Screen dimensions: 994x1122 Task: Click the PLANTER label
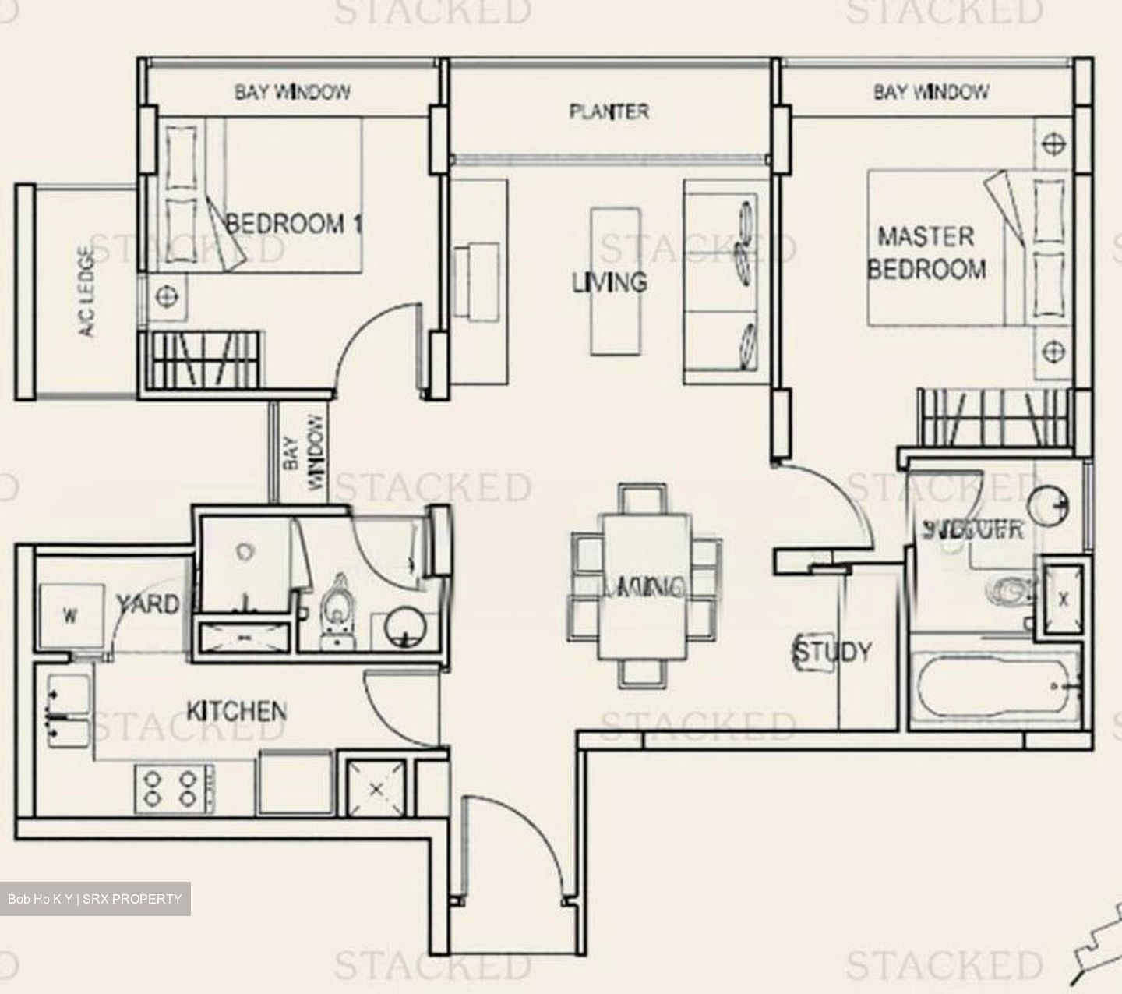pyautogui.click(x=609, y=111)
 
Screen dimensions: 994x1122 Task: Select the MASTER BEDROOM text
pyautogui.click(x=926, y=253)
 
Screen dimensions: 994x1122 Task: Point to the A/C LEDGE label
pyautogui.click(x=86, y=291)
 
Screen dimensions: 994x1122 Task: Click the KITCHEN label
pyautogui.click(x=236, y=711)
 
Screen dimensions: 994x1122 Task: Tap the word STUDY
pyautogui.click(x=832, y=652)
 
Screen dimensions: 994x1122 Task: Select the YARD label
pyautogui.click(x=148, y=603)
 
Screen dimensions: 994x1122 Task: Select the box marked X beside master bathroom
pyautogui.click(x=1063, y=599)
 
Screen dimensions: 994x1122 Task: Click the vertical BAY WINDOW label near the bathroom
pyautogui.click(x=303, y=452)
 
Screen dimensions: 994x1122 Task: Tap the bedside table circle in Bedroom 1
pyautogui.click(x=164, y=296)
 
